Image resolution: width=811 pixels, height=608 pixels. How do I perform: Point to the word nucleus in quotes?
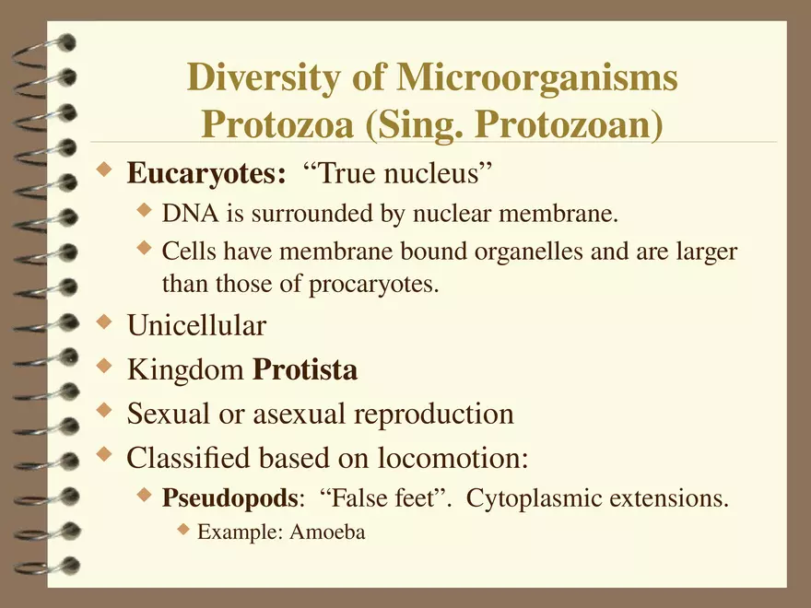click(441, 173)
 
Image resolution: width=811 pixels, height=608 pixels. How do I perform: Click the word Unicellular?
click(196, 325)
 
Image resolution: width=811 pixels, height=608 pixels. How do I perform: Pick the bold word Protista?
click(305, 370)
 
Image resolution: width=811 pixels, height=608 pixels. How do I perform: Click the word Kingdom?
click(186, 370)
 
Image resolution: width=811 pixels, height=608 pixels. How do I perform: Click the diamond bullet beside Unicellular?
click(105, 322)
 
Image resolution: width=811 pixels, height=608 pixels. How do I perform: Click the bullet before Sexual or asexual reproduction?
click(105, 411)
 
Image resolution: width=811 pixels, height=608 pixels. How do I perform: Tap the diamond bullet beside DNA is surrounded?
click(143, 212)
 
